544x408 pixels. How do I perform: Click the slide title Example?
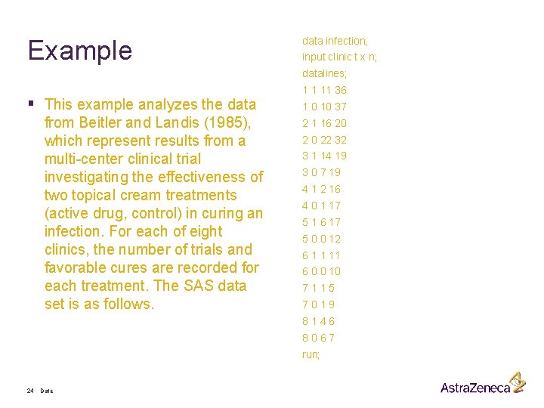pos(79,51)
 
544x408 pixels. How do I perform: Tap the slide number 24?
pos(30,391)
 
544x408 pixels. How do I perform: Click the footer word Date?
pos(47,391)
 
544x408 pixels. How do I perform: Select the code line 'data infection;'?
pos(335,40)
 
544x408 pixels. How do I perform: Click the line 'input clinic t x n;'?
pos(339,57)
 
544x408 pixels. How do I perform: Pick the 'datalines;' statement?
pos(325,73)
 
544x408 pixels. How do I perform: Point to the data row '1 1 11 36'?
pos(324,90)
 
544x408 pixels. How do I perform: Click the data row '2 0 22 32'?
pos(324,140)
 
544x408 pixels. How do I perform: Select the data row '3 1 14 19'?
pos(324,156)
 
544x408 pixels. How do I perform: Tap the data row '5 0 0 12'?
pos(321,239)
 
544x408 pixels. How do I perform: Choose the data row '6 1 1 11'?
pos(321,255)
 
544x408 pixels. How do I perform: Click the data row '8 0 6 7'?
pos(318,338)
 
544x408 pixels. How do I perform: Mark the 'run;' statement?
pos(311,354)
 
